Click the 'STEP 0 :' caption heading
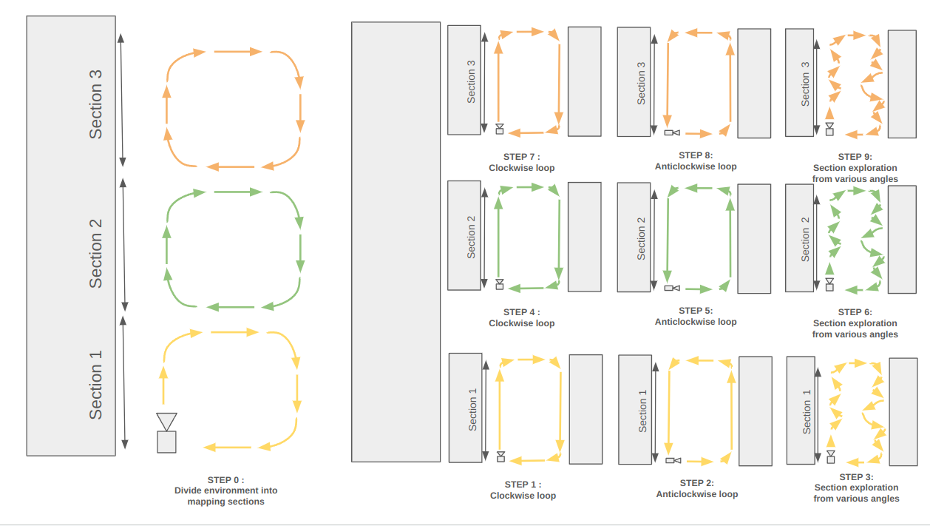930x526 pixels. click(x=225, y=479)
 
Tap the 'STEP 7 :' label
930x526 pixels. click(x=521, y=157)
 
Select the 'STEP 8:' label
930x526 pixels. click(x=696, y=155)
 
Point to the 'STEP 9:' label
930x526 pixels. click(x=855, y=157)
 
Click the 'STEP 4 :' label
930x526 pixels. click(x=521, y=312)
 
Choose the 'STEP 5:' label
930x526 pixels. click(x=696, y=311)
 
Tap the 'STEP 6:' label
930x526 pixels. click(x=855, y=312)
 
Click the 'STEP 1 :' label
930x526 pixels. click(x=522, y=485)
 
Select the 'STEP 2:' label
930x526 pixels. click(x=696, y=483)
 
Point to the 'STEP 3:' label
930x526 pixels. click(x=856, y=477)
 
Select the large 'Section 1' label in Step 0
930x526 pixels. click(x=95, y=385)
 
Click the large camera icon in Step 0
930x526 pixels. click(x=166, y=433)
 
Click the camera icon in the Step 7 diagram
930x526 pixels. click(x=500, y=129)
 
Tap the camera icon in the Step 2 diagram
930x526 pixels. click(x=673, y=460)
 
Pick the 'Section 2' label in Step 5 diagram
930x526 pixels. click(x=641, y=237)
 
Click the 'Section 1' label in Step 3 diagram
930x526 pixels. click(x=807, y=411)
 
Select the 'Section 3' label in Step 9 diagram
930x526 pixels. click(x=805, y=83)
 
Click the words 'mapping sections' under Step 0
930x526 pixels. click(x=225, y=502)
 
